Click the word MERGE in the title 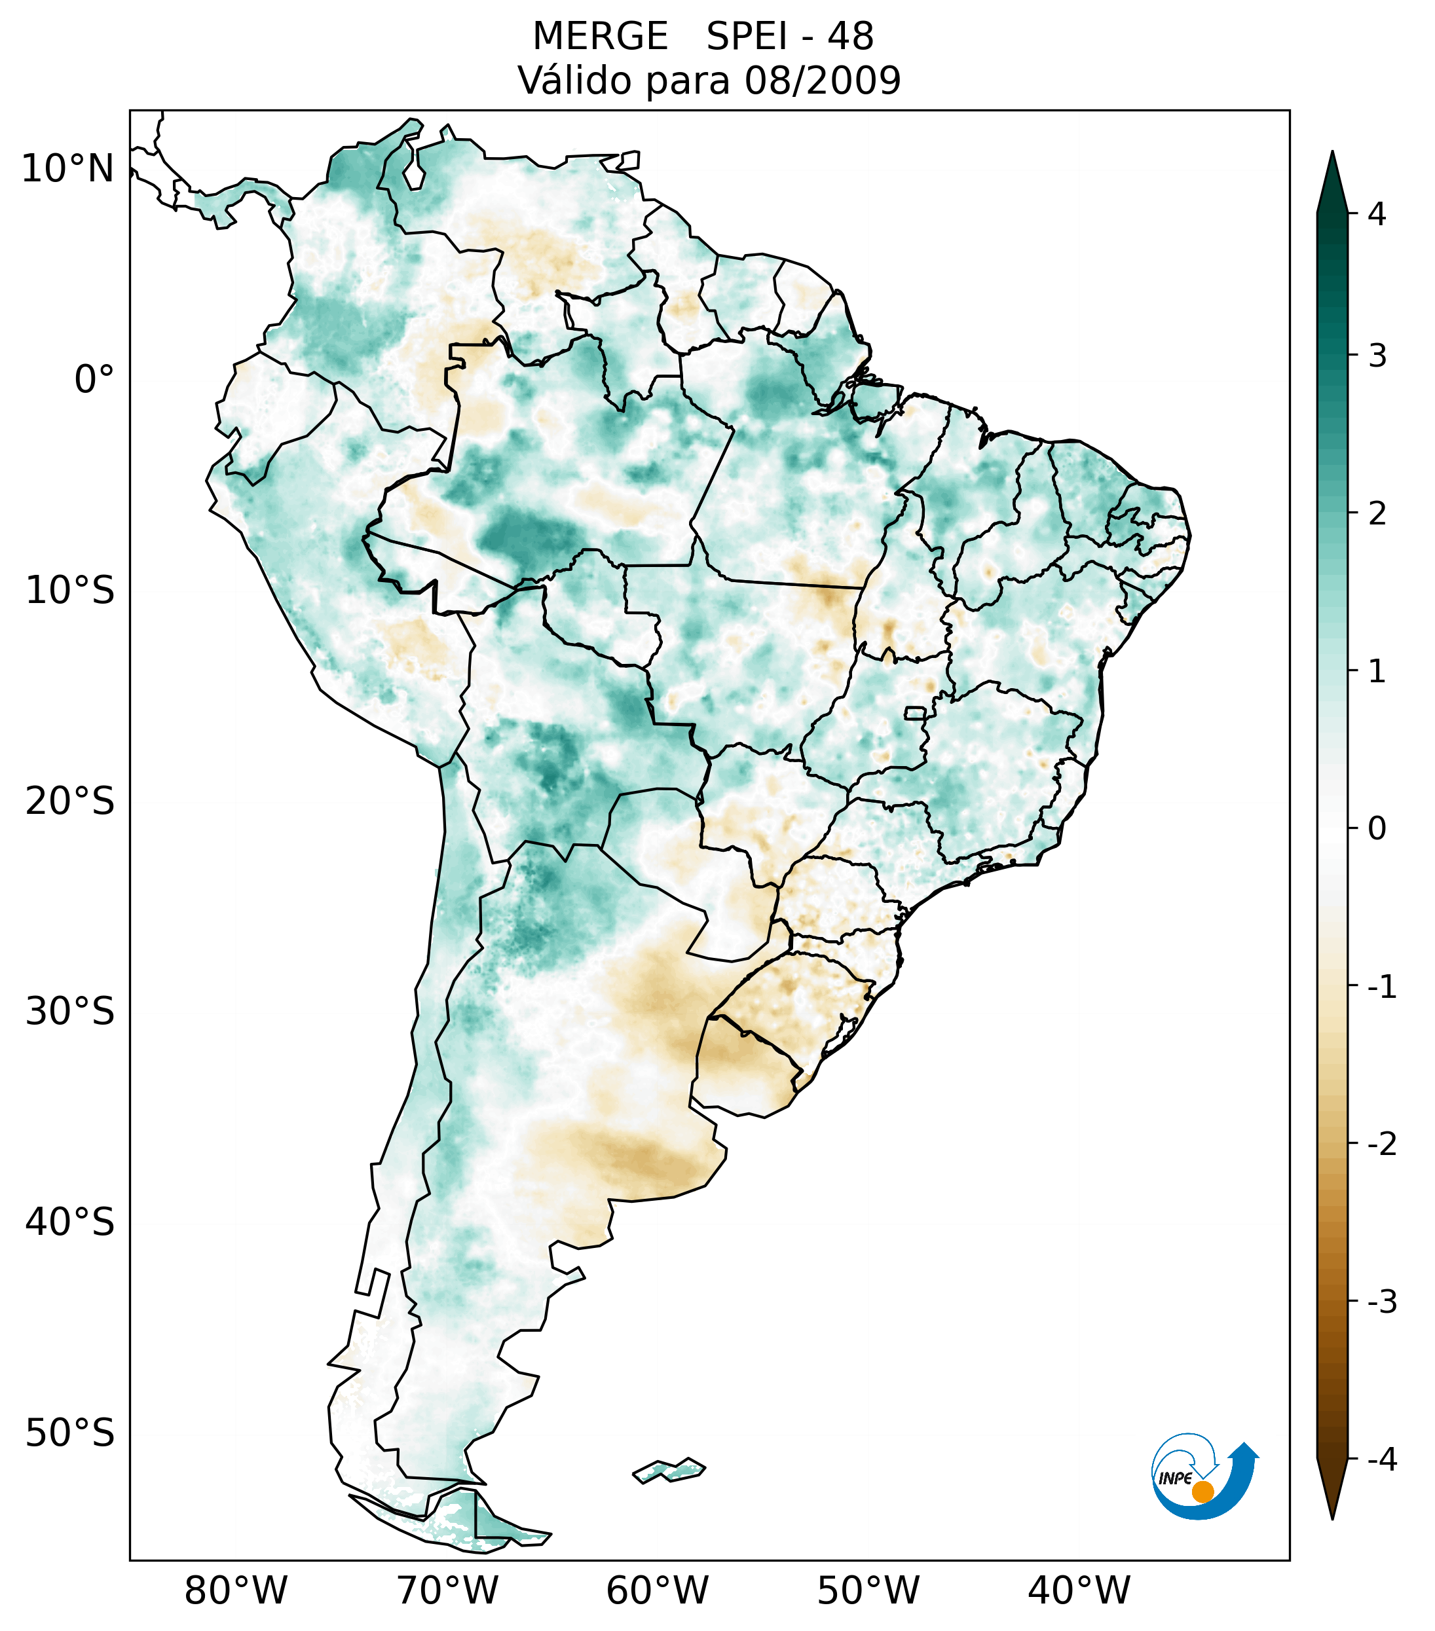click(599, 37)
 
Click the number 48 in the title click(850, 37)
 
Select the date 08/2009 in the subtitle click(822, 81)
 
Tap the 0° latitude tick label click(94, 380)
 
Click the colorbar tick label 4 click(1376, 214)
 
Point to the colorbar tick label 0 click(1376, 829)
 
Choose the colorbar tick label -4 click(1381, 1459)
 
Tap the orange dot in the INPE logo click(1202, 1492)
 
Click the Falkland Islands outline click(669, 1469)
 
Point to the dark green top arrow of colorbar click(1332, 183)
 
